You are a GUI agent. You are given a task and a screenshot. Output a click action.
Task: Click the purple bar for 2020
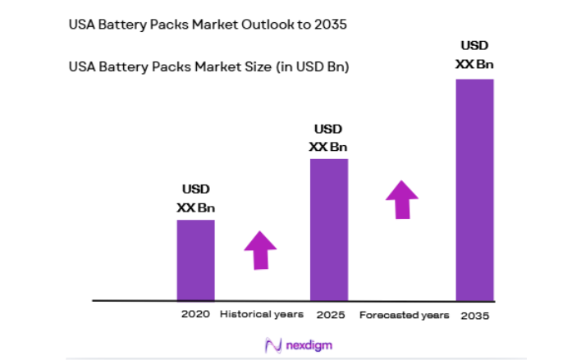[x=195, y=260]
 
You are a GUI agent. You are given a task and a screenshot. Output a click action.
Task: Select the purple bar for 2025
[x=328, y=230]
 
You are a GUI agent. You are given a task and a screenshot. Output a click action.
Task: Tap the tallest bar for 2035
[x=474, y=189]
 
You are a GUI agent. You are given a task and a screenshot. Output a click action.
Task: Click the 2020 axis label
[x=196, y=314]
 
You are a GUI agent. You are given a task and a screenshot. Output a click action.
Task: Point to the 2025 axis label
[x=329, y=314]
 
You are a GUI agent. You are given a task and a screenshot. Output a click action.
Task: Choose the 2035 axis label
[x=474, y=315]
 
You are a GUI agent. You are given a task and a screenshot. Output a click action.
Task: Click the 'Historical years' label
[x=262, y=314]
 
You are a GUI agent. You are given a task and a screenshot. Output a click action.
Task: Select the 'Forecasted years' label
[x=404, y=314]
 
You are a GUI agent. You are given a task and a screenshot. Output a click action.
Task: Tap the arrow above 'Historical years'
[x=260, y=249]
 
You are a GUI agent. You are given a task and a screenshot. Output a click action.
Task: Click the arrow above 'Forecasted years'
[x=402, y=199]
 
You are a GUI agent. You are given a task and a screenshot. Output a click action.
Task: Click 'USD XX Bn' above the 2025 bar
[x=328, y=139]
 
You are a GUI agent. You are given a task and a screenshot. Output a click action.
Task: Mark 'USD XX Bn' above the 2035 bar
[x=474, y=54]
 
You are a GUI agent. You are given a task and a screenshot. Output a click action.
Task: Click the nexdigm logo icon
[x=270, y=344]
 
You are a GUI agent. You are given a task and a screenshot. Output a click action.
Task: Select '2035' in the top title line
[x=331, y=25]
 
